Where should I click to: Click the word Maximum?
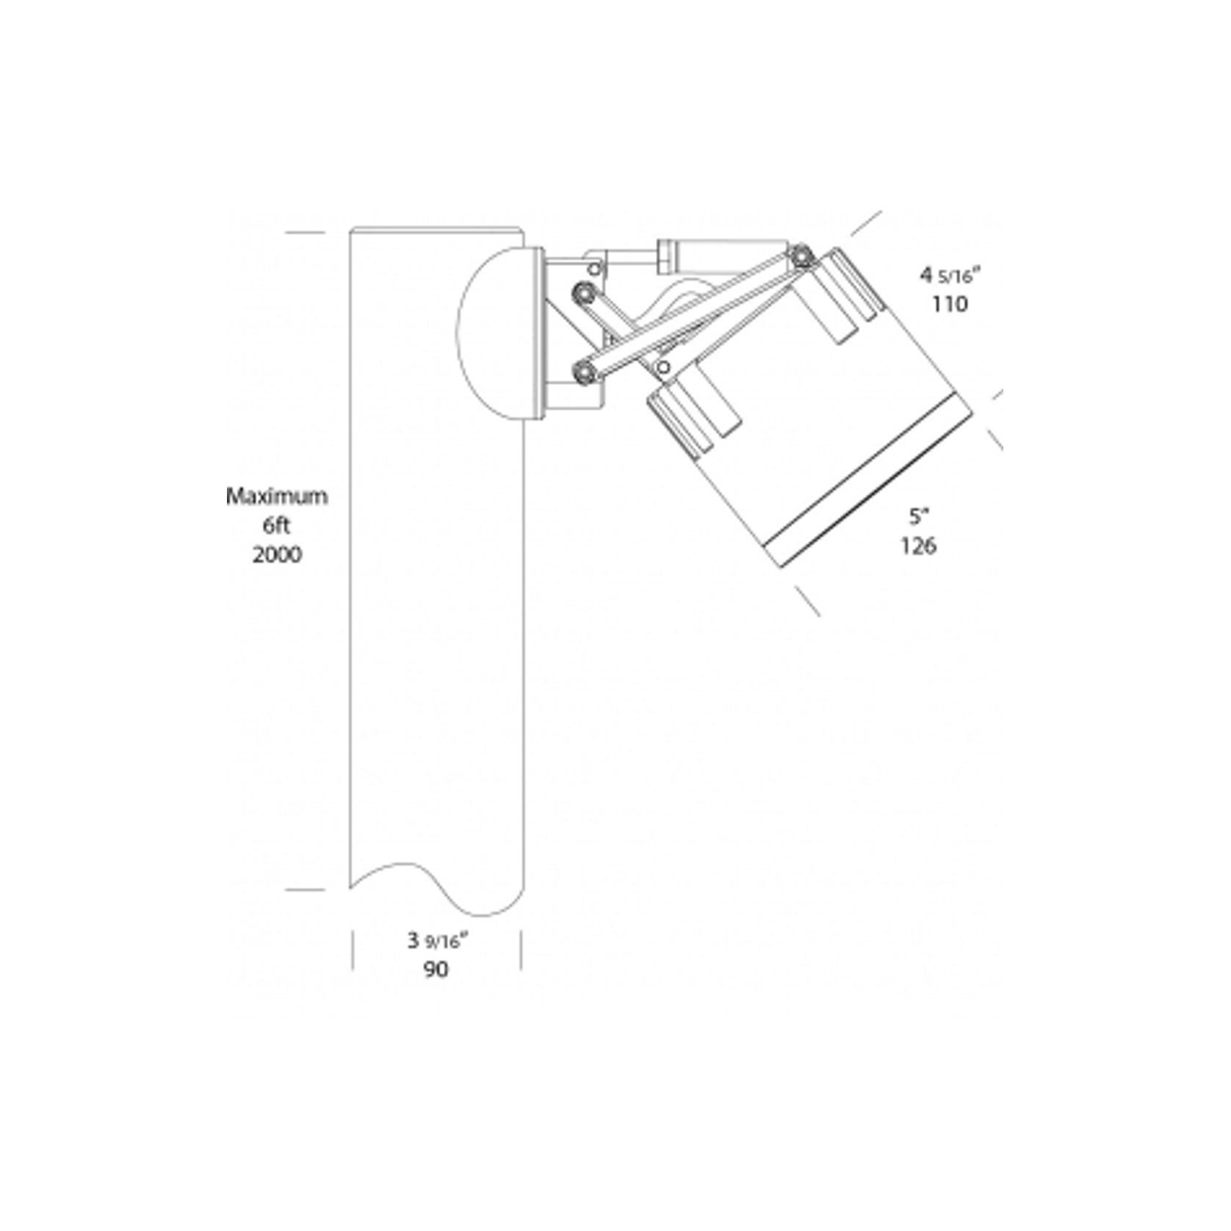point(276,497)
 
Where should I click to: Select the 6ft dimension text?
point(277,526)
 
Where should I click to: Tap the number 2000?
point(277,555)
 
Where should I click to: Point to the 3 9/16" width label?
point(438,941)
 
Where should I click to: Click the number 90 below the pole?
point(436,970)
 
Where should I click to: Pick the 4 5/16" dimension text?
point(950,275)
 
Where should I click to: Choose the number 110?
point(950,303)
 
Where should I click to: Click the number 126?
point(918,546)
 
